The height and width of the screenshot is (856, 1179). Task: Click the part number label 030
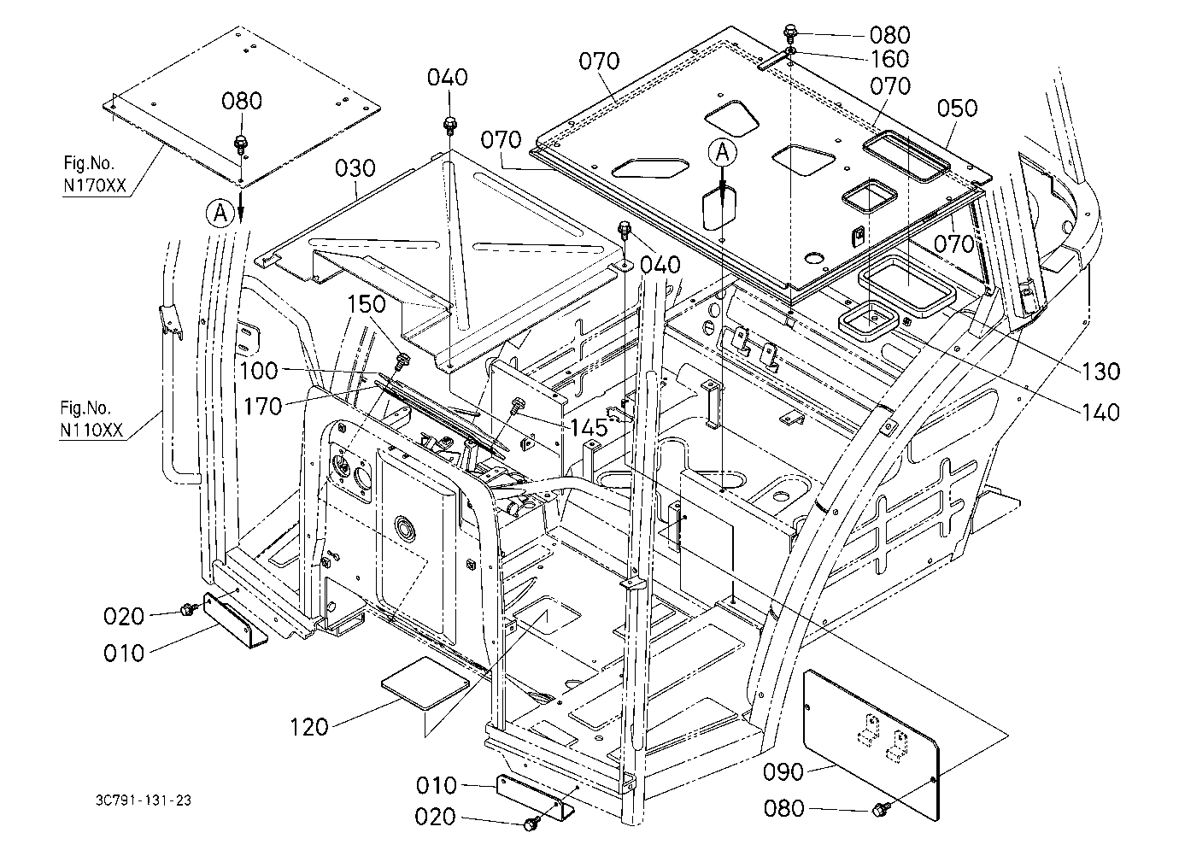pyautogui.click(x=355, y=168)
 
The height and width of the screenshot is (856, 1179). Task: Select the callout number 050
pyautogui.click(x=957, y=108)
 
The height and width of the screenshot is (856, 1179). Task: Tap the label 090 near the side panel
pyautogui.click(x=783, y=772)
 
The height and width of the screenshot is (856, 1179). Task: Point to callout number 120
pyautogui.click(x=309, y=728)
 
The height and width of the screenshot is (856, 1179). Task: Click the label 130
pyautogui.click(x=1100, y=372)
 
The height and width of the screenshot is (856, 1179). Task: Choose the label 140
pyautogui.click(x=1100, y=413)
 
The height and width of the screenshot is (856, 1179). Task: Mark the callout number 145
pyautogui.click(x=589, y=427)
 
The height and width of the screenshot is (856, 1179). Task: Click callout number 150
pyautogui.click(x=367, y=304)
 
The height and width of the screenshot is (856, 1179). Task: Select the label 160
pyautogui.click(x=890, y=59)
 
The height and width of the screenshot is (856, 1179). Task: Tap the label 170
pyautogui.click(x=262, y=407)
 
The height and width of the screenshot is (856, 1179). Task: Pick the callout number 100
pyautogui.click(x=258, y=371)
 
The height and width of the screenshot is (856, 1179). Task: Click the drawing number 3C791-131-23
pyautogui.click(x=144, y=800)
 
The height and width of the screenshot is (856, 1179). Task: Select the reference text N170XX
pyautogui.click(x=94, y=186)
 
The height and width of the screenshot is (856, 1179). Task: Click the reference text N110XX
pyautogui.click(x=91, y=430)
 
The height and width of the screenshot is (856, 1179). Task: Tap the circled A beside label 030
pyautogui.click(x=220, y=214)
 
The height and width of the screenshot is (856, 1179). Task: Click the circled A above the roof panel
pyautogui.click(x=723, y=153)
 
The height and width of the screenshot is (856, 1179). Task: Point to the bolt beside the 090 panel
pyautogui.click(x=880, y=809)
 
